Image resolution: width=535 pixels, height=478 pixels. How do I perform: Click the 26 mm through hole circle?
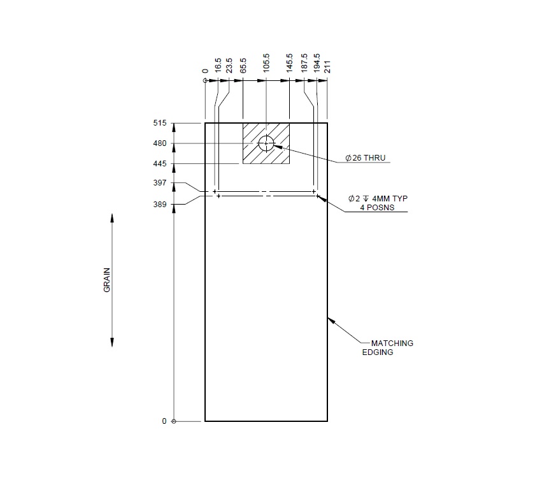[266, 143]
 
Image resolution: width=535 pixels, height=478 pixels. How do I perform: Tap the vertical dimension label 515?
[159, 123]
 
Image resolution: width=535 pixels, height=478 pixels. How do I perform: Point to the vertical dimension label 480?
[159, 143]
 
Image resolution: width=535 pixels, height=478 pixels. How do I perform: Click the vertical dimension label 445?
[159, 164]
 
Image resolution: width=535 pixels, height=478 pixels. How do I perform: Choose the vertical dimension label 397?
[159, 184]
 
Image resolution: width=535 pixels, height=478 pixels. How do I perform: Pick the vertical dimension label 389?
[159, 205]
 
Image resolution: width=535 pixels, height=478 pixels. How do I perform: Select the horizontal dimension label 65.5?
[243, 66]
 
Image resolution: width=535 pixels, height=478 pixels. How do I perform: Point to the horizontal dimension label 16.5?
[218, 66]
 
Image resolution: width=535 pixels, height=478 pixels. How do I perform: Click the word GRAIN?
[107, 279]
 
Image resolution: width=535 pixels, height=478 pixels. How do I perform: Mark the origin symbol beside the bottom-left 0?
[175, 421]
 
